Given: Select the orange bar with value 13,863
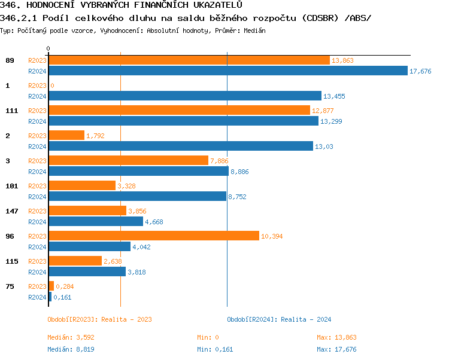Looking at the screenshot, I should [x=189, y=60].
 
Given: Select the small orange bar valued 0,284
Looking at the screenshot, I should [x=51, y=286].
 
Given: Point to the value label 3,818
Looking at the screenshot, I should [x=136, y=271].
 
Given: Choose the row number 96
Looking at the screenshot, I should [x=10, y=236].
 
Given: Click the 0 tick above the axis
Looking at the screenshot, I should [x=48, y=48].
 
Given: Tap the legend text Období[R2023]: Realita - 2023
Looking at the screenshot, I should [x=99, y=319].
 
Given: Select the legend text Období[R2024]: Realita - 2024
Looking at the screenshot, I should [x=279, y=319].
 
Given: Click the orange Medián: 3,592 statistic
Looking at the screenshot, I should [x=71, y=338].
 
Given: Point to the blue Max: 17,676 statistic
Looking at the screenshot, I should [x=336, y=349].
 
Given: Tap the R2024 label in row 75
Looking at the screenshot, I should [x=37, y=297].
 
